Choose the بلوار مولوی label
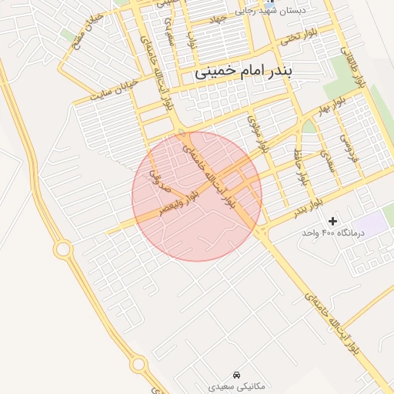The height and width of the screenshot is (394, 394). point(258,133)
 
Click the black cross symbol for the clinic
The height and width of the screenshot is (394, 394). point(332,221)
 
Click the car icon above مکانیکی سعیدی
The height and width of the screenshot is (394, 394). point(235,373)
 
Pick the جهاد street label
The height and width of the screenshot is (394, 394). point(220,19)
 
